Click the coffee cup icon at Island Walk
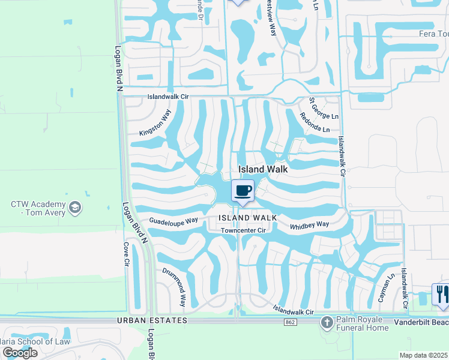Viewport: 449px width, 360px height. (x=243, y=191)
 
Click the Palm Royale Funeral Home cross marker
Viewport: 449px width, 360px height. (x=327, y=323)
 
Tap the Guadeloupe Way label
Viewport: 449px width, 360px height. (x=173, y=221)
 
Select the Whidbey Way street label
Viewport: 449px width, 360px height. (x=309, y=224)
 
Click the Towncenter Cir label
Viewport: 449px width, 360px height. (x=243, y=230)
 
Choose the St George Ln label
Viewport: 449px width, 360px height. (x=324, y=107)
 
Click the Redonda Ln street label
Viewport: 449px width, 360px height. (x=315, y=123)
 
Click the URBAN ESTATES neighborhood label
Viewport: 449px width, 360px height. (x=153, y=321)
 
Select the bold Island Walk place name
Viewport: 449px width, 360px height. (x=263, y=170)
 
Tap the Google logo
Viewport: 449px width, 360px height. (x=20, y=352)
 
